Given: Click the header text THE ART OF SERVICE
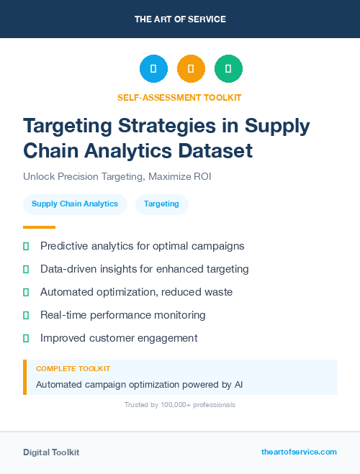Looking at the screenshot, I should [180, 19].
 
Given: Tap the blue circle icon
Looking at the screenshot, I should [153, 68].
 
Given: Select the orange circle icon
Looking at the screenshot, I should [191, 68].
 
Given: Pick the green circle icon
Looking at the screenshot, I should [228, 68].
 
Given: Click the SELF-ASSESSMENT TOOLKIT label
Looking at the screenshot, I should [179, 97].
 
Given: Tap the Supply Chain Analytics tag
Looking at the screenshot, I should [75, 204].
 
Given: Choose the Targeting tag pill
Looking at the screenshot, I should [161, 204].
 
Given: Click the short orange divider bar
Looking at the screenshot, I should [39, 227].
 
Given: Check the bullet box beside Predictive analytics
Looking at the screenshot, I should [26, 246].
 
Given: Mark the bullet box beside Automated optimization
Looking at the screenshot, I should [26, 292].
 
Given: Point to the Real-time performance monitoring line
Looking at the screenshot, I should [122, 315].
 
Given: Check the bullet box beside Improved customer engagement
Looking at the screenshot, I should [26, 338].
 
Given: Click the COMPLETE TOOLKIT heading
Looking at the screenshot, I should [73, 368].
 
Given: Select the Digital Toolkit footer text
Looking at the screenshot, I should [51, 452].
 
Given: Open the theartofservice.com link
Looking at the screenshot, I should [299, 452].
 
